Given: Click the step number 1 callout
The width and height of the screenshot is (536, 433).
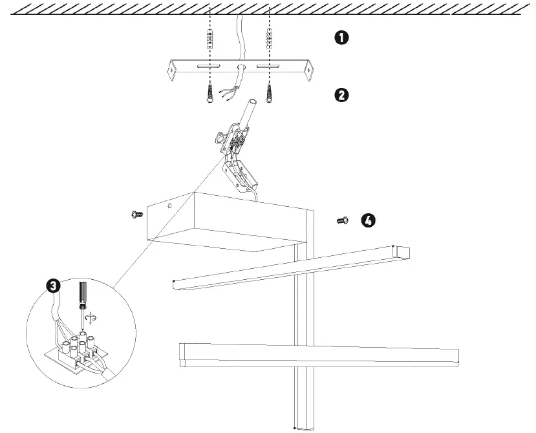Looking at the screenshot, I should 341,37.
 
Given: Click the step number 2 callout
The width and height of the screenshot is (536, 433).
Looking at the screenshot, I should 341,95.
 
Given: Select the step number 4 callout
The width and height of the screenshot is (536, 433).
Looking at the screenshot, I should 367,221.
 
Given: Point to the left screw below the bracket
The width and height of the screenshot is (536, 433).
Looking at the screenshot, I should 209,92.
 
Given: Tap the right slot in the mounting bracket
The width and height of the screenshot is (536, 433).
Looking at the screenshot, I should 268,67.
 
